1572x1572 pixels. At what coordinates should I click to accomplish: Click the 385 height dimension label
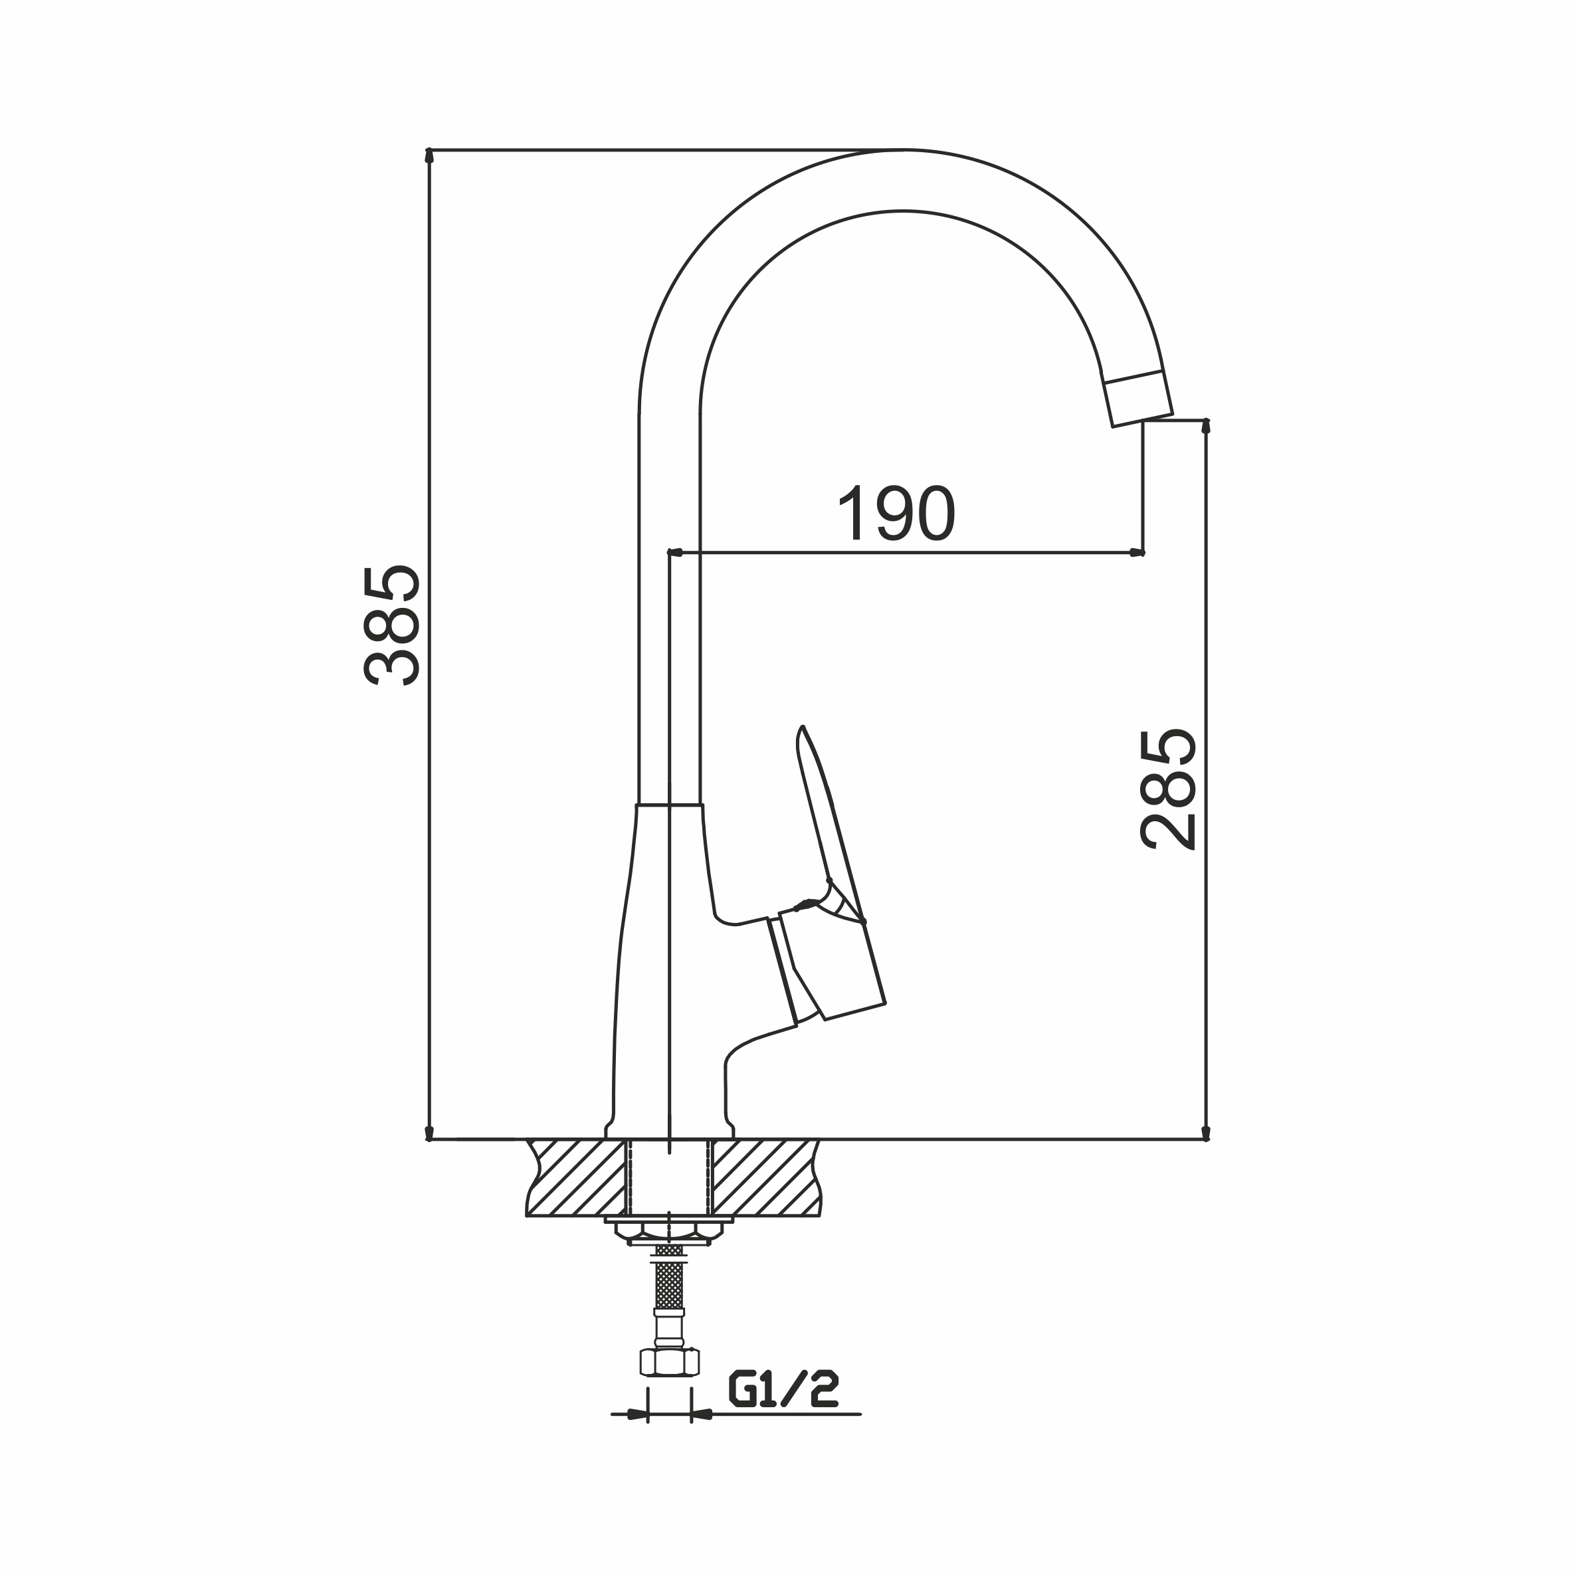coord(392,625)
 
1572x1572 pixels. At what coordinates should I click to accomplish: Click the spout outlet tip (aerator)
coord(1137,398)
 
